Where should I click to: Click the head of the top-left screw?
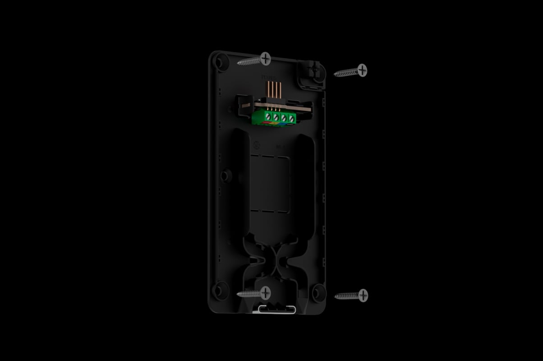(x=265, y=58)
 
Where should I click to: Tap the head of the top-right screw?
(x=362, y=70)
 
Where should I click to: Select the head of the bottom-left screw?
(x=265, y=293)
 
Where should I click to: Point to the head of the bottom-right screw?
(x=363, y=296)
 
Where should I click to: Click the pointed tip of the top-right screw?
(x=335, y=74)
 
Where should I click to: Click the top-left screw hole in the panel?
(x=221, y=62)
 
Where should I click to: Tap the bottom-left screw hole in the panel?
(x=221, y=290)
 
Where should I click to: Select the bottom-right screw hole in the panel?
(x=318, y=292)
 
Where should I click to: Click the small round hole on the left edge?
(x=225, y=175)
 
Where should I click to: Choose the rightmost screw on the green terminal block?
(x=291, y=119)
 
